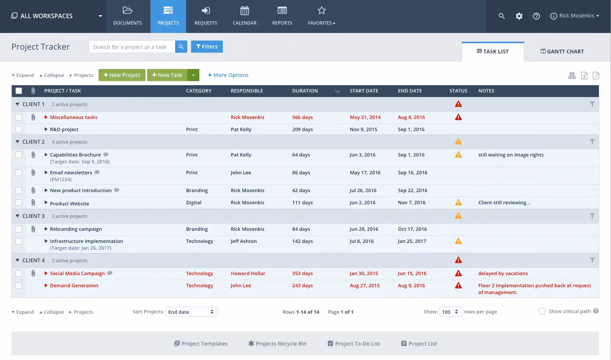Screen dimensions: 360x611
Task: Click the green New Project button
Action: [x=122, y=75]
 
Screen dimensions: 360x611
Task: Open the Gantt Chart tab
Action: [x=562, y=52]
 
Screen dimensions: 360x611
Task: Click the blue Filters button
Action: [x=207, y=47]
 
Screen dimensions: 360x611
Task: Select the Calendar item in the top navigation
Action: [x=244, y=16]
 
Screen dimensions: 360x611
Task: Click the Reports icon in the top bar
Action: [x=282, y=11]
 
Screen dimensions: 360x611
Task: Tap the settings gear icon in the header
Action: [x=519, y=16]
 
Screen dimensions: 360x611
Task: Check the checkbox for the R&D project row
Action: [x=19, y=129]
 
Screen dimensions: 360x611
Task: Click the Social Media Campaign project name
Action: [x=77, y=273]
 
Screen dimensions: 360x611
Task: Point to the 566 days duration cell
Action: [x=302, y=117]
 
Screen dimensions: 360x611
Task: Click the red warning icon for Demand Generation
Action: [x=458, y=285]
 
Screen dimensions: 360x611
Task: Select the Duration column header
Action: [x=305, y=91]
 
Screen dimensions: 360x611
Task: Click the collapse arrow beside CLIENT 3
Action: [x=17, y=216]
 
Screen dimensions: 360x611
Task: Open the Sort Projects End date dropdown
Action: [x=191, y=312]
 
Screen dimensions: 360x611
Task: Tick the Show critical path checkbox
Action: [x=542, y=311]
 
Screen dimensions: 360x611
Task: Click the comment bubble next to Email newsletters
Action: [x=97, y=172]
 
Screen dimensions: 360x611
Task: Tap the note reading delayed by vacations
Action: [x=503, y=273]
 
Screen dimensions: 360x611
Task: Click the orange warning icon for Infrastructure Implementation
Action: [x=458, y=241]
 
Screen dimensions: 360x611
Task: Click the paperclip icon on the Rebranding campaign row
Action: [x=33, y=229]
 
